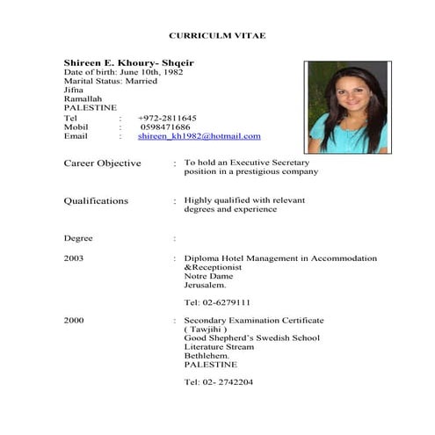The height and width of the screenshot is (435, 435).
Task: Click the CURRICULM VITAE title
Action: pyautogui.click(x=216, y=35)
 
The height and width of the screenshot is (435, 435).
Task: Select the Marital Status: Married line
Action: pyautogui.click(x=111, y=81)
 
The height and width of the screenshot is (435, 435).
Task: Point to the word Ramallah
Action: pyautogui.click(x=83, y=98)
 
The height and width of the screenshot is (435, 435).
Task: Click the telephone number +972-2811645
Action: pyautogui.click(x=167, y=118)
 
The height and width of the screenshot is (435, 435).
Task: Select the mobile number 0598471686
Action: pyautogui.click(x=165, y=127)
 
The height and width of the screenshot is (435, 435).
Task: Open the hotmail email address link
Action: pyautogui.click(x=199, y=136)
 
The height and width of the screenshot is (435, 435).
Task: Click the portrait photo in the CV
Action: pyautogui.click(x=346, y=107)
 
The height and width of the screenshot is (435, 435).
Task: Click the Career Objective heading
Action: pyautogui.click(x=102, y=163)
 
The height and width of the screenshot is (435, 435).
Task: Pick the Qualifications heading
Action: pyautogui.click(x=96, y=200)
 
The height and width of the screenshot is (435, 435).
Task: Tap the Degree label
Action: pyautogui.click(x=78, y=238)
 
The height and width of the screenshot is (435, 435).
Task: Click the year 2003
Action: pyautogui.click(x=74, y=258)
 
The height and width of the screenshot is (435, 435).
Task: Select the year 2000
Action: pyautogui.click(x=74, y=321)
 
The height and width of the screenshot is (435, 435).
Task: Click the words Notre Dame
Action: pyautogui.click(x=209, y=276)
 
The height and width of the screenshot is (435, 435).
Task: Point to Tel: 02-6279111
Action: pyautogui.click(x=217, y=302)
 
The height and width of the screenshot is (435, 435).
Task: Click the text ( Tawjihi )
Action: pyautogui.click(x=205, y=330)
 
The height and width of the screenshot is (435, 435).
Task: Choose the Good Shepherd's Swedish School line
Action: pyautogui.click(x=251, y=338)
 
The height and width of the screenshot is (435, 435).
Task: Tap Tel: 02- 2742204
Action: pyautogui.click(x=219, y=382)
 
